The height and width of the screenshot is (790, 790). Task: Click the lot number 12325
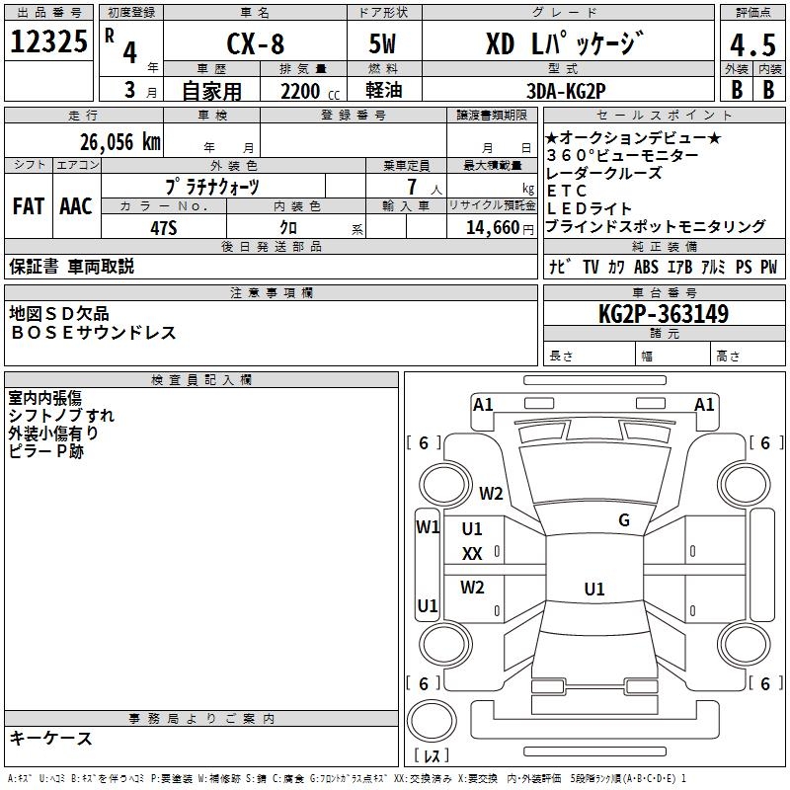pyautogui.click(x=49, y=41)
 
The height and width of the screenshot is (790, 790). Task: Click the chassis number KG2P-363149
pyautogui.click(x=664, y=315)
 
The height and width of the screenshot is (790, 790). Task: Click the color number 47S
pyautogui.click(x=163, y=227)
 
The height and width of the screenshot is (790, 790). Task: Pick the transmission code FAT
pyautogui.click(x=29, y=205)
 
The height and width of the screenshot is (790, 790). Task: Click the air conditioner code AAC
pyautogui.click(x=76, y=205)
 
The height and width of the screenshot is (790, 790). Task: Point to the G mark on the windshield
pyautogui.click(x=624, y=520)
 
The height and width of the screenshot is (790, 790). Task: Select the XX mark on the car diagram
pyautogui.click(x=472, y=554)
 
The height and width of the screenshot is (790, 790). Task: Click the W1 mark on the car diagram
pyautogui.click(x=427, y=527)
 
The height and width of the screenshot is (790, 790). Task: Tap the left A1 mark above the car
pyautogui.click(x=483, y=404)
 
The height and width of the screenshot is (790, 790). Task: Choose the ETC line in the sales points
pyautogui.click(x=567, y=191)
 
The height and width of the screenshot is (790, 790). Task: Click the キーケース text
pyautogui.click(x=50, y=738)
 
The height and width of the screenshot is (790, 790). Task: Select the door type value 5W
pyautogui.click(x=384, y=44)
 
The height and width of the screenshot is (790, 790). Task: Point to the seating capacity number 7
pyautogui.click(x=411, y=187)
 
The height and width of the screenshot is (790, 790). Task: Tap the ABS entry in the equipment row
pyautogui.click(x=646, y=267)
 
